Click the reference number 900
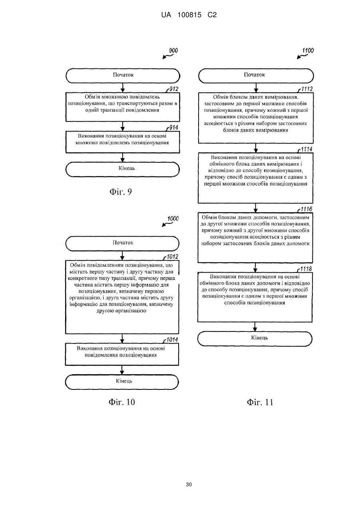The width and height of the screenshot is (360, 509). click(173, 50)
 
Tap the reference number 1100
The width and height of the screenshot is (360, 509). click(308, 50)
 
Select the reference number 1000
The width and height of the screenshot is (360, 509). click(173, 219)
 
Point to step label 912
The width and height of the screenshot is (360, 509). click(174, 89)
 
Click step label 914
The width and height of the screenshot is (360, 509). click(174, 128)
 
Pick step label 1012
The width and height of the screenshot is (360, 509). click(173, 257)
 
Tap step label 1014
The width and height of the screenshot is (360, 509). click(172, 340)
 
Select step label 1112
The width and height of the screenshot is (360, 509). click(307, 89)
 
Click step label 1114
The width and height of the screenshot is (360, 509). click(306, 149)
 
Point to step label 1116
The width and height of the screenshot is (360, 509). click(306, 209)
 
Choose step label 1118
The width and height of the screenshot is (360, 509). click(306, 269)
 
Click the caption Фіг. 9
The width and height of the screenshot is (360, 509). click(121, 192)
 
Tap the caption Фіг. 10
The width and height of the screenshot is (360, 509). click(122, 402)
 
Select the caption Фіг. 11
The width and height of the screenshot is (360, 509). click(260, 402)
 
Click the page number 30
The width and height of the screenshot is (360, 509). click(189, 485)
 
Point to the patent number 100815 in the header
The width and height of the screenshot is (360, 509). click(189, 15)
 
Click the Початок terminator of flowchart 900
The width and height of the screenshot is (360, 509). click(123, 76)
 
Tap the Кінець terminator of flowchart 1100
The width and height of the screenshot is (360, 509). click(255, 339)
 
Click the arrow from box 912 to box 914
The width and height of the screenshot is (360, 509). click(123, 126)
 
